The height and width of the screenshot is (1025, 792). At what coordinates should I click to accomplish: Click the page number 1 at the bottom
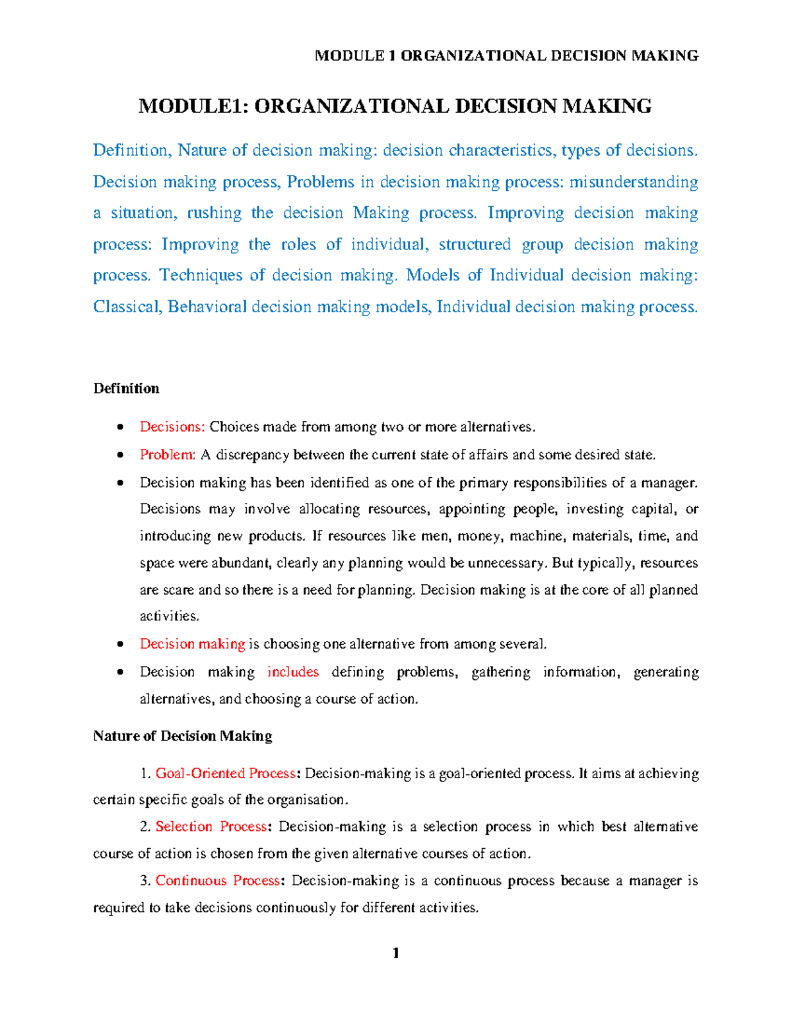(x=395, y=953)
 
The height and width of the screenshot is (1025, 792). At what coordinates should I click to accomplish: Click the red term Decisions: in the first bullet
(x=172, y=427)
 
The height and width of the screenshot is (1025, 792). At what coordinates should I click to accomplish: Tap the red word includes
(x=293, y=672)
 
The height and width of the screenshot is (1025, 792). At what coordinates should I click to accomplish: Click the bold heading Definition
(x=126, y=389)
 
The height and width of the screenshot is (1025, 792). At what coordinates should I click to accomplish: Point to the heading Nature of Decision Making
(x=182, y=736)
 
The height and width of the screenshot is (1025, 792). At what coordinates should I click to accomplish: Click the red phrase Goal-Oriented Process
(x=225, y=774)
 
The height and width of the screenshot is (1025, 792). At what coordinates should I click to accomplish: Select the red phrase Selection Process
(x=211, y=827)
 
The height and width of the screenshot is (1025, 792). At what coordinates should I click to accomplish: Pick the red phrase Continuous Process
(x=218, y=881)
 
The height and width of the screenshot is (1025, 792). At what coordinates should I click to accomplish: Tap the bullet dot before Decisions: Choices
(x=119, y=428)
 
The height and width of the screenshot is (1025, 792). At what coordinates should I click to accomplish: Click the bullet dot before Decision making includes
(x=119, y=673)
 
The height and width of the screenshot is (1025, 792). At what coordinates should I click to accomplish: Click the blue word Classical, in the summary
(x=127, y=307)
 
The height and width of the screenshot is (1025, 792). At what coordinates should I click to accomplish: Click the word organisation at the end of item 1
(x=306, y=800)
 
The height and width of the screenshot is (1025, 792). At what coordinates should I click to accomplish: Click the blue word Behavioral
(x=207, y=307)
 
